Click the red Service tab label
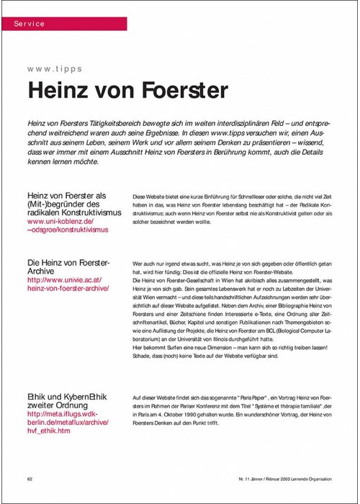[30, 24]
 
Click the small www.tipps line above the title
[55, 69]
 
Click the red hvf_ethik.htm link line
[49, 431]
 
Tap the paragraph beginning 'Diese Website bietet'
[230, 210]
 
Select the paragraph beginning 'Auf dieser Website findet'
[230, 410]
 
